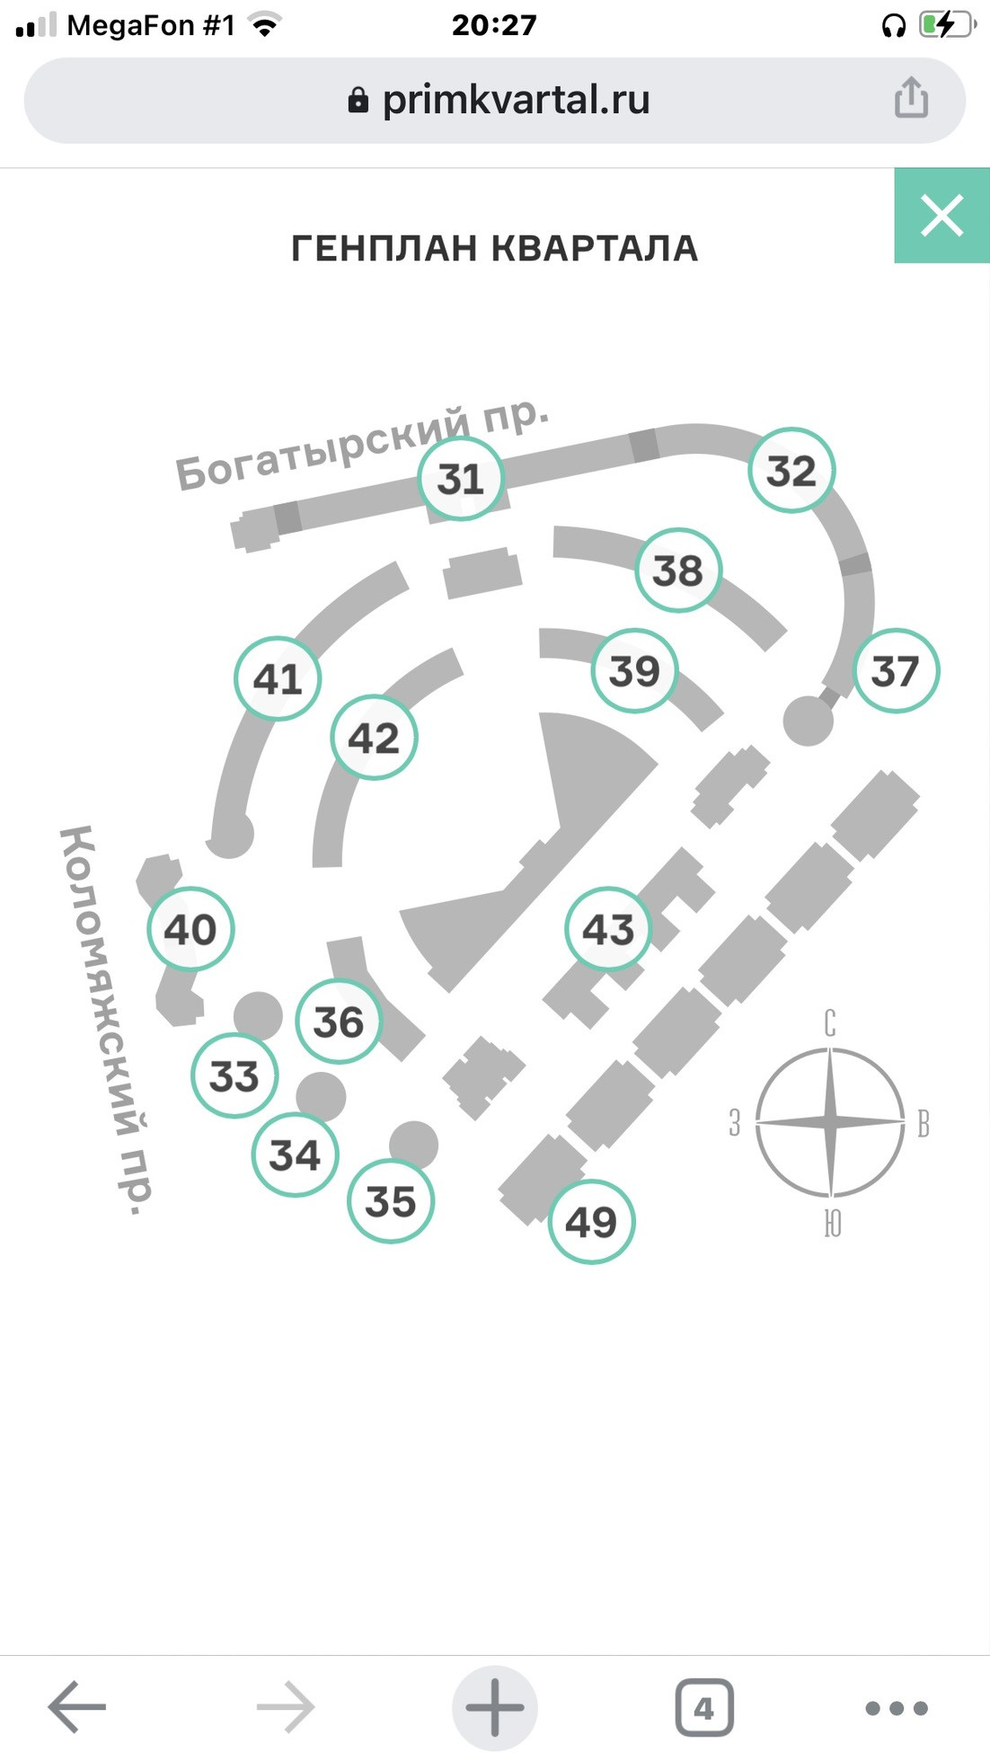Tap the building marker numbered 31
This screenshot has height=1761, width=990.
pyautogui.click(x=461, y=479)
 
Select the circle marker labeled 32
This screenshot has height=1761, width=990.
pyautogui.click(x=791, y=471)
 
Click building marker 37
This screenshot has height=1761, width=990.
pyautogui.click(x=895, y=671)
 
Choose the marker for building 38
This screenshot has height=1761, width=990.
pyautogui.click(x=677, y=571)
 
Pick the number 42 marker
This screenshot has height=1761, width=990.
pyautogui.click(x=374, y=738)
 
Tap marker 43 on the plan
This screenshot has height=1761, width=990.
pyautogui.click(x=608, y=929)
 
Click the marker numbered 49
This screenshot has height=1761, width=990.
pyautogui.click(x=591, y=1222)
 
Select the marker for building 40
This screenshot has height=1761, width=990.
pyautogui.click(x=190, y=929)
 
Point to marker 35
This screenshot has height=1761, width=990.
pyautogui.click(x=391, y=1201)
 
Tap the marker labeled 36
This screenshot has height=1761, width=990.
pyautogui.click(x=339, y=1022)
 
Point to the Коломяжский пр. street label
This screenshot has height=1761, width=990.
pyautogui.click(x=106, y=1020)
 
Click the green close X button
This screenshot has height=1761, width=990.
pyautogui.click(x=941, y=217)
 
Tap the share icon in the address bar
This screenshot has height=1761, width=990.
pyautogui.click(x=911, y=98)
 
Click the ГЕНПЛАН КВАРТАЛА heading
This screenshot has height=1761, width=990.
pyautogui.click(x=494, y=249)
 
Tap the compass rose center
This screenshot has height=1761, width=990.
pyautogui.click(x=830, y=1121)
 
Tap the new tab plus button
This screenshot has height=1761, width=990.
pyautogui.click(x=494, y=1707)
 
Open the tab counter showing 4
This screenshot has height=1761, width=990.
pyautogui.click(x=704, y=1707)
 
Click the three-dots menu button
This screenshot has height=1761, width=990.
pyautogui.click(x=896, y=1708)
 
